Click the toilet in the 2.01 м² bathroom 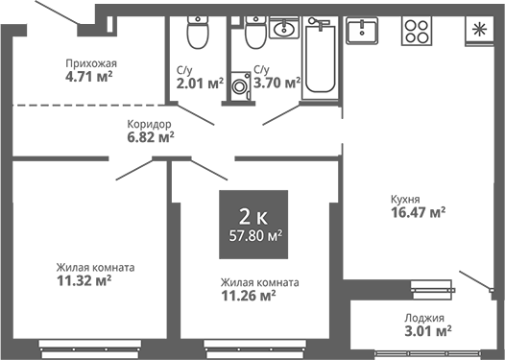197,35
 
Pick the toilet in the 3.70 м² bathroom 254,35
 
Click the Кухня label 405,199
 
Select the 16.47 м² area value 417,213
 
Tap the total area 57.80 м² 253,233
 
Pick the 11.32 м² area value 84,281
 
